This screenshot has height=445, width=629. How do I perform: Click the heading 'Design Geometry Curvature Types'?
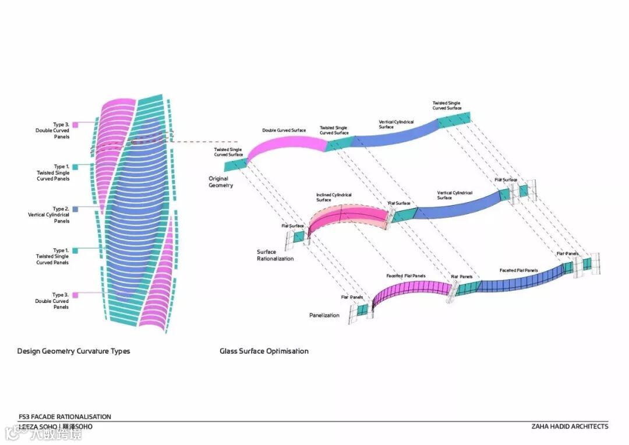(73, 351)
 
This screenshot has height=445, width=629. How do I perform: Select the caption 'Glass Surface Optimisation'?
(264, 351)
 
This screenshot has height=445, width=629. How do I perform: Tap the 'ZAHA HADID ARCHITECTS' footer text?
(570, 426)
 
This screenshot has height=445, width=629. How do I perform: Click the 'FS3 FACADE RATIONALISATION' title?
(65, 417)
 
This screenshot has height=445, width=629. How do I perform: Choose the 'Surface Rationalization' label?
(275, 255)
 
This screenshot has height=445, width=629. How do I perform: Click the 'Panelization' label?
(324, 315)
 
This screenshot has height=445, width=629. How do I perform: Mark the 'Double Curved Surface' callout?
(284, 130)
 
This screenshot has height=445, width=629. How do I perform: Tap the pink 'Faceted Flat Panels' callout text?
(405, 276)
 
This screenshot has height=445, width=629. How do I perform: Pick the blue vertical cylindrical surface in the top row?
(396, 136)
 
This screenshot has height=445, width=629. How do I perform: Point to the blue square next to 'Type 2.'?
(76, 209)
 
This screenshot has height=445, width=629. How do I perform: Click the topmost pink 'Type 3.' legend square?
(76, 125)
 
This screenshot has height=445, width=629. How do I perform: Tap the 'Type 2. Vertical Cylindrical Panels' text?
(49, 215)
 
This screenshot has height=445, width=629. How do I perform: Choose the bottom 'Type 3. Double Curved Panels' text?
(52, 301)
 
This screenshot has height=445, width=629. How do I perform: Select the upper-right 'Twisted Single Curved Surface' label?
(447, 105)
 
